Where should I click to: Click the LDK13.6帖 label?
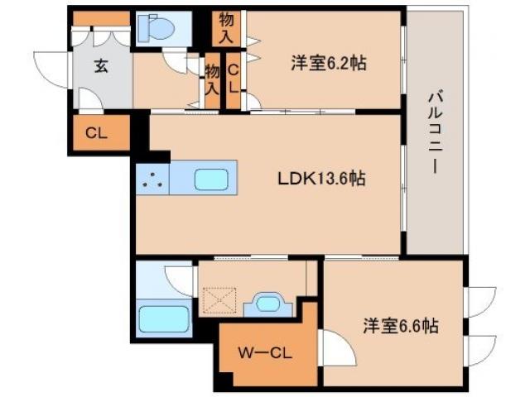[x=321, y=177]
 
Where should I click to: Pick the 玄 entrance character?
[x=100, y=67]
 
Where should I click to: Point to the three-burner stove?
[x=151, y=179]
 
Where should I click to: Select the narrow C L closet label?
[x=234, y=79]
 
